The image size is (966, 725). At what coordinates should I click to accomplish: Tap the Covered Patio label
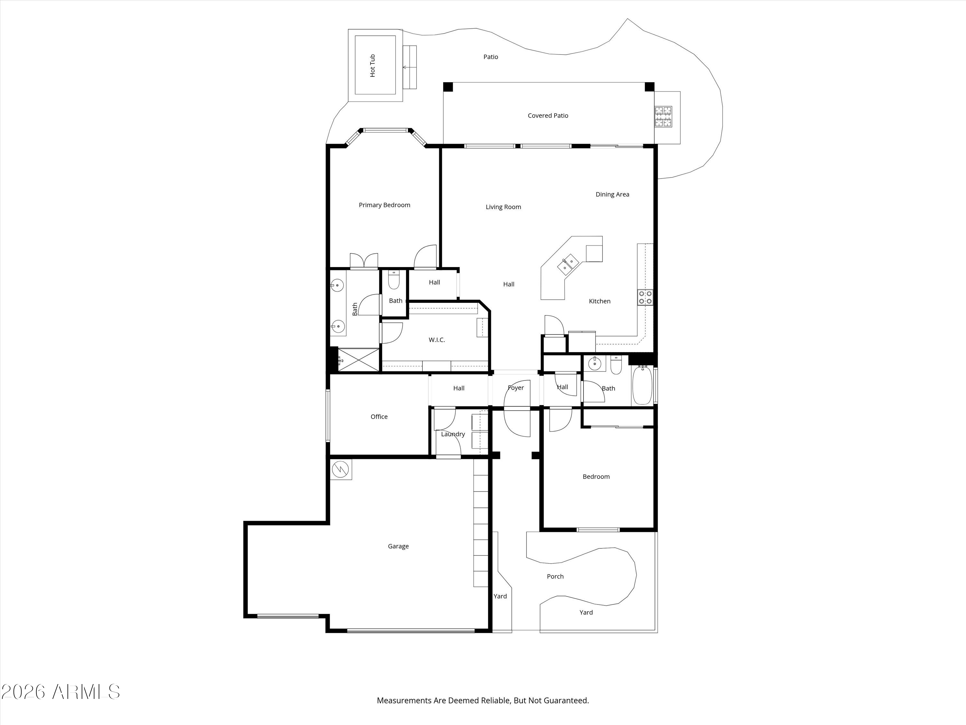[548, 116]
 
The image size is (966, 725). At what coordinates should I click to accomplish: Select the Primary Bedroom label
[384, 205]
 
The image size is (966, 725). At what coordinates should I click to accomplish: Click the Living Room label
[503, 207]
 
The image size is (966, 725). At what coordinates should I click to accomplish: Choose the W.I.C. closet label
[437, 340]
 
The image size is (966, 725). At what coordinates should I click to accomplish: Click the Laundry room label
[453, 434]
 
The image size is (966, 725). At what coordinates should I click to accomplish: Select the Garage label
[398, 546]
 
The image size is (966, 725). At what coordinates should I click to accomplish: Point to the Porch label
[555, 576]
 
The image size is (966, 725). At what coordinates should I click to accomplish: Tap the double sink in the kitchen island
[568, 264]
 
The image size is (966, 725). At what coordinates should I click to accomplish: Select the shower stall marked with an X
[358, 360]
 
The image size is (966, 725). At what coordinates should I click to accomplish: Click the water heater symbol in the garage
[341, 470]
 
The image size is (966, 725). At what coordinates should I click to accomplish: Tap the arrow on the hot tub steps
[409, 67]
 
